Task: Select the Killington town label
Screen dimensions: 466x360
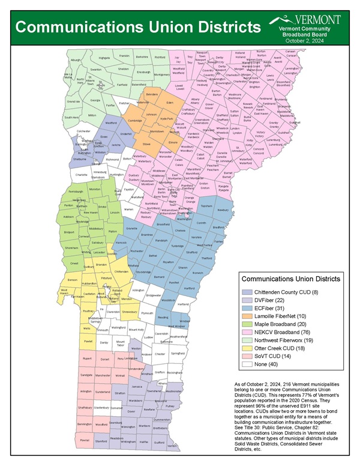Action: tap(138, 290)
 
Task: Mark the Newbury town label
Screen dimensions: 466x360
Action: tap(223, 210)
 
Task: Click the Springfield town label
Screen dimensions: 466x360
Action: tap(178, 354)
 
